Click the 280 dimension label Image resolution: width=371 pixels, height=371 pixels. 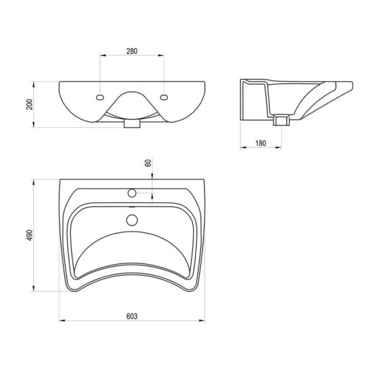[132, 51]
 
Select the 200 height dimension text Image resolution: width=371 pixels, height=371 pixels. [30, 104]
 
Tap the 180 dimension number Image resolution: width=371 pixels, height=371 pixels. [261, 143]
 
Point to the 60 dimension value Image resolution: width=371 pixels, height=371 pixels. [148, 163]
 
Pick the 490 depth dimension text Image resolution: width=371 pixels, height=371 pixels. [30, 235]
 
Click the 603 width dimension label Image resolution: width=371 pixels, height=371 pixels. [132, 316]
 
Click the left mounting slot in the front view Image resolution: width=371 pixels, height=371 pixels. [100, 97]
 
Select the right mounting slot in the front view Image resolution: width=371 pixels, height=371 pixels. [164, 97]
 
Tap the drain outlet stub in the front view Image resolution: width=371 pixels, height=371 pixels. [132, 124]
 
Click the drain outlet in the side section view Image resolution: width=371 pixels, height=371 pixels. [281, 121]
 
